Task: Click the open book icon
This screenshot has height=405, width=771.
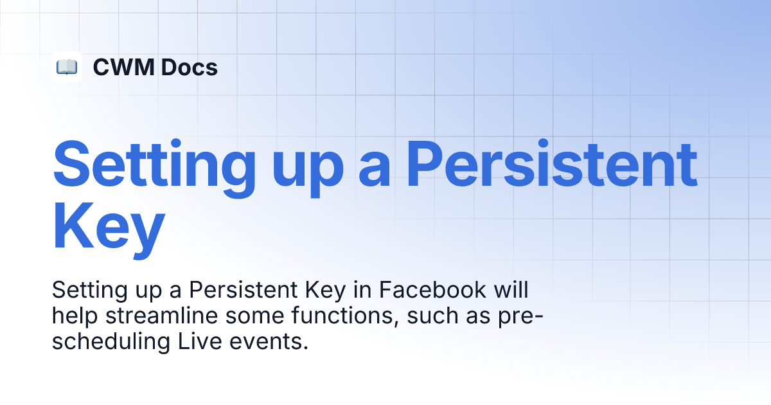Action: point(67,67)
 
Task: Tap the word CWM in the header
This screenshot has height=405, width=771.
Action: point(123,67)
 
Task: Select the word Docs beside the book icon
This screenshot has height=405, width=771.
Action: point(190,67)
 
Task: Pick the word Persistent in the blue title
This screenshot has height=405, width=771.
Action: point(553,163)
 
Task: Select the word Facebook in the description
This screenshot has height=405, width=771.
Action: point(432,290)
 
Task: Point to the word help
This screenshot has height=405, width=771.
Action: point(75,316)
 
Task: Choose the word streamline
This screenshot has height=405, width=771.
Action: point(161,316)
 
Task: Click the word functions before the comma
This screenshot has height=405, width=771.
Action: point(342,316)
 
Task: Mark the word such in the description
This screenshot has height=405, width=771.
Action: point(432,316)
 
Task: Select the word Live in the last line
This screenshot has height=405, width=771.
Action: point(200,341)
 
